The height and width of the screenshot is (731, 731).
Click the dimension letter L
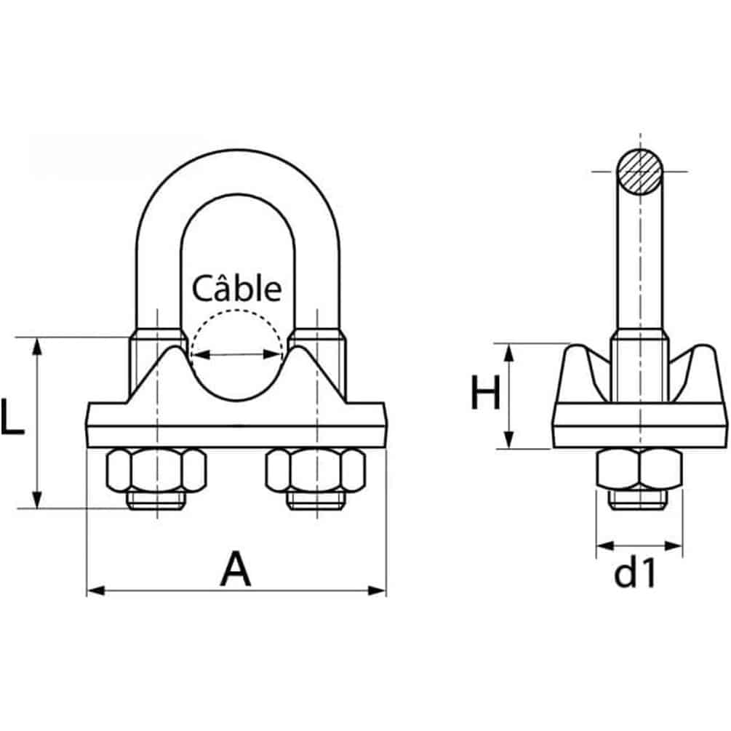(x=12, y=417)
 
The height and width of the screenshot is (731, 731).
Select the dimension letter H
(x=485, y=395)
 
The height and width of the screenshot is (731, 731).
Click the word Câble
(x=236, y=289)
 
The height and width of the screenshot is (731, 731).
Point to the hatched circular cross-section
(x=640, y=172)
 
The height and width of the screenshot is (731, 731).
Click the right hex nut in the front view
(x=315, y=470)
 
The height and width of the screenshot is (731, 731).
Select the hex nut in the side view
(x=640, y=470)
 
